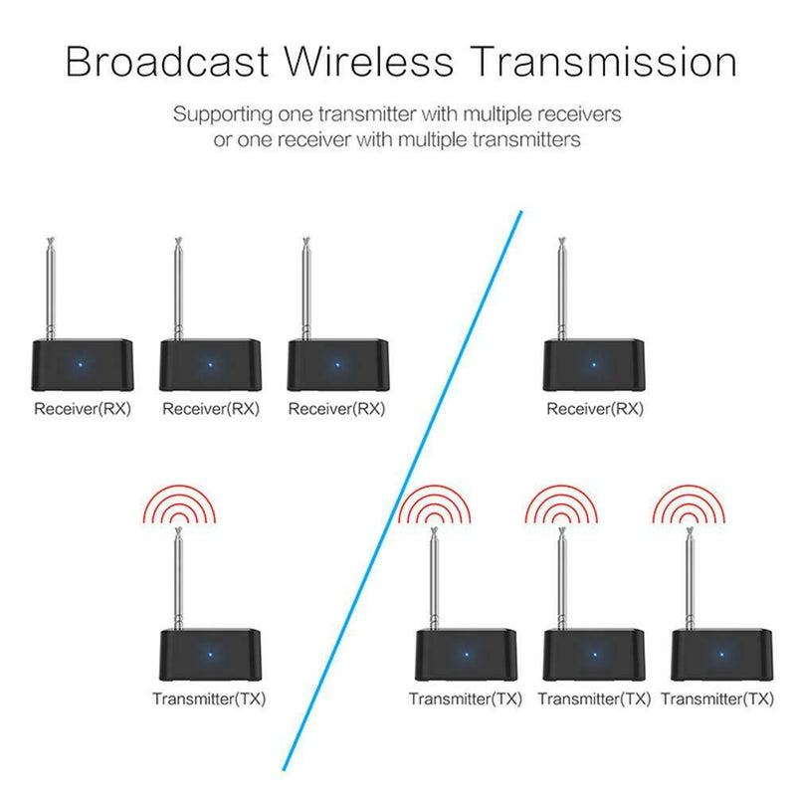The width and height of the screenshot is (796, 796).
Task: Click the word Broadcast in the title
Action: pyautogui.click(x=167, y=62)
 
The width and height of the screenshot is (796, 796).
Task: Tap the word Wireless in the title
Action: pyautogui.click(x=368, y=62)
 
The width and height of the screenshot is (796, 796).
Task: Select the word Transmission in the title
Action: pyautogui.click(x=602, y=62)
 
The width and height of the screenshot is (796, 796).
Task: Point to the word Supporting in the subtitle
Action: pyautogui.click(x=223, y=114)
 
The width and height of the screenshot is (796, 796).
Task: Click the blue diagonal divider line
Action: pyautogui.click(x=402, y=491)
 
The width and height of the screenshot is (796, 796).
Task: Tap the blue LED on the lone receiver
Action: pyautogui.click(x=594, y=364)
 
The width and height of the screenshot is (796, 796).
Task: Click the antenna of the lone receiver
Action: pyautogui.click(x=562, y=289)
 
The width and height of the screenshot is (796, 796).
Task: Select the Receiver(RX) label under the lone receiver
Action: pyautogui.click(x=595, y=409)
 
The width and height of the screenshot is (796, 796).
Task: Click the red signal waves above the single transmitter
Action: pyautogui.click(x=179, y=504)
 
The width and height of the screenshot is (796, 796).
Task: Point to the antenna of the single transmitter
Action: pyautogui.click(x=179, y=578)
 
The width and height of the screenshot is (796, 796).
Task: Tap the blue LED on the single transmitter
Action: pyautogui.click(x=210, y=655)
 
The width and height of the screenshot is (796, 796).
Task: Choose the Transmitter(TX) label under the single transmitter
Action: pyautogui.click(x=209, y=699)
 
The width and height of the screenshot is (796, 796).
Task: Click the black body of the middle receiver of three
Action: pyautogui.click(x=210, y=364)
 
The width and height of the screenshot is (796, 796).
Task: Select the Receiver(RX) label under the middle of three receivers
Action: pyautogui.click(x=211, y=409)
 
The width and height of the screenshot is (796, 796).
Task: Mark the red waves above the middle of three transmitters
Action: pyautogui.click(x=561, y=504)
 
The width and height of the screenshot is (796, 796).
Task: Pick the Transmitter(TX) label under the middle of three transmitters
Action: pyautogui.click(x=594, y=699)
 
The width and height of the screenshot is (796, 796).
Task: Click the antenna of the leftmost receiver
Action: pyautogui.click(x=51, y=289)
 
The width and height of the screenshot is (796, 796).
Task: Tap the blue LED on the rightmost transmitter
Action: pyautogui.click(x=722, y=655)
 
